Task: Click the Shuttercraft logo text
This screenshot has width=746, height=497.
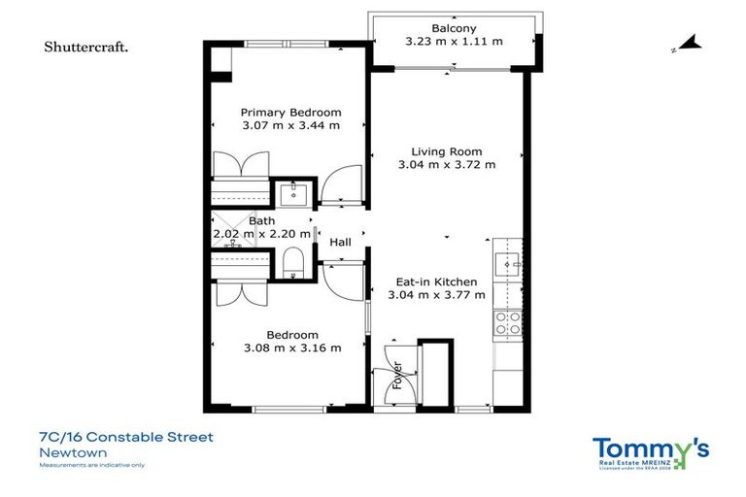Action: [86, 47]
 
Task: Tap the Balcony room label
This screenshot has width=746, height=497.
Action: [454, 28]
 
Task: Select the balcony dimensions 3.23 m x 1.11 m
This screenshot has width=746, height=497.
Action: [454, 42]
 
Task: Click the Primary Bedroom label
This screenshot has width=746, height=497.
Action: [291, 112]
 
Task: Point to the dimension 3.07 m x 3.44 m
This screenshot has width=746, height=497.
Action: [291, 125]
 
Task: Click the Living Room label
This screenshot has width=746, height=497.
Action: [447, 151]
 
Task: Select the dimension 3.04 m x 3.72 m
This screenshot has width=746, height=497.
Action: [447, 165]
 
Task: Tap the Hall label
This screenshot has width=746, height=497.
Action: [340, 242]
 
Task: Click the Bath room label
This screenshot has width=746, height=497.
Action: [261, 221]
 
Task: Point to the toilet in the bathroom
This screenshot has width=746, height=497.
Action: [291, 261]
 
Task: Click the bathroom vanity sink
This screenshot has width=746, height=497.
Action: [291, 194]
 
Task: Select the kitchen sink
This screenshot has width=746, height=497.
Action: [506, 263]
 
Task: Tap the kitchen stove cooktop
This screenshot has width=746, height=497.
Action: [506, 322]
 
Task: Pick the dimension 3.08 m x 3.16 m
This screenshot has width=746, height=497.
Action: [291, 348]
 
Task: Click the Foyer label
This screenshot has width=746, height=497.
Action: [396, 376]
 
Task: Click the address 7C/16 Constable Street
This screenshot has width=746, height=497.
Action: [126, 438]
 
